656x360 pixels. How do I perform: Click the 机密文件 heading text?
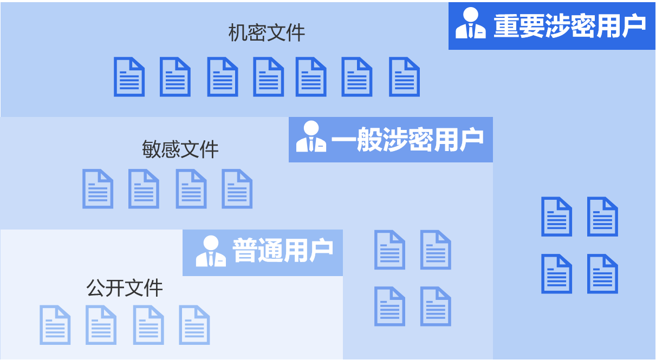point(267,33)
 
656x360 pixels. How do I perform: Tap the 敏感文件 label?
point(180,149)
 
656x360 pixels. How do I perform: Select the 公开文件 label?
point(125,288)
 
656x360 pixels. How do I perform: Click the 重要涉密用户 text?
point(569,26)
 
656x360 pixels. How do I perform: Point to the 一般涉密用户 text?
point(407,140)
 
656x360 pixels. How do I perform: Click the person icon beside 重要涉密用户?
point(470,25)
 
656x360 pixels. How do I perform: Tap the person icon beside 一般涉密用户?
point(311,138)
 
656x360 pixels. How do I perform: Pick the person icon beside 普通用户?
point(211,251)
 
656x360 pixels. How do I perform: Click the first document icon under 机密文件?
point(129,77)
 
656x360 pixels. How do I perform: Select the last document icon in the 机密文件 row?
point(404,77)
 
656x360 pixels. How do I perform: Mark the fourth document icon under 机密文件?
point(268,77)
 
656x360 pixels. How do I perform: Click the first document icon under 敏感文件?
point(98,189)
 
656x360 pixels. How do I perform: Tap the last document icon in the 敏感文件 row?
point(237,189)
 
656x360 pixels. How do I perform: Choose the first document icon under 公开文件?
point(55,325)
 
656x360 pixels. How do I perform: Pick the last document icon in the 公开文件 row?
point(194,325)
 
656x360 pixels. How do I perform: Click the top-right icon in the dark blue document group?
point(602,217)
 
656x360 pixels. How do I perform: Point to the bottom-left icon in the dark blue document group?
point(556,274)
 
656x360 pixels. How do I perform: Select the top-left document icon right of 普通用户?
point(389,250)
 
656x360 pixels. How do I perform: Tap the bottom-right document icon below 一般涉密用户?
point(436,306)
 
